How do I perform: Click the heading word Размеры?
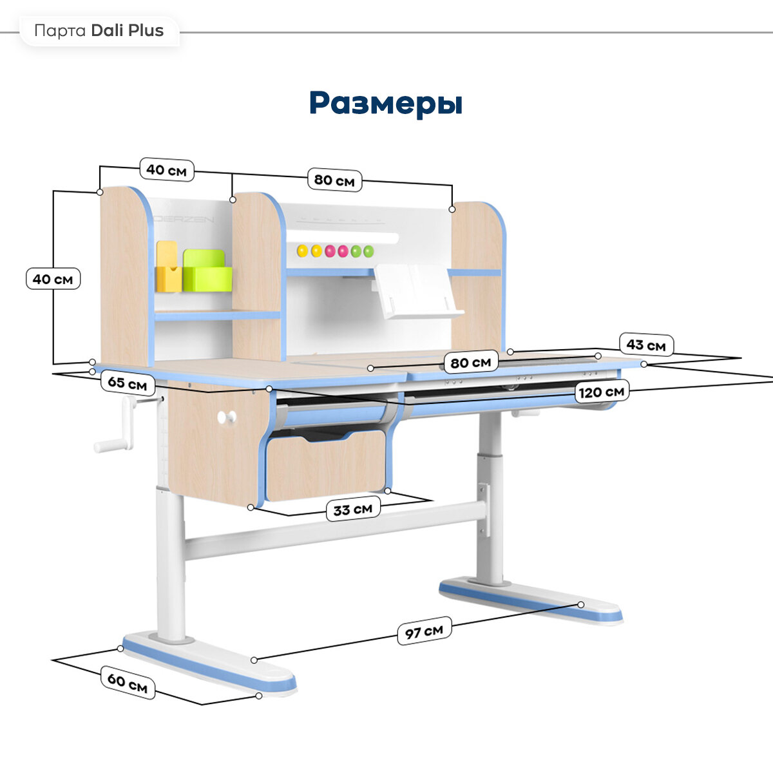coord(385,103)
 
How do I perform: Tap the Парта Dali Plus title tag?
coord(99,31)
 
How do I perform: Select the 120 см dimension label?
coord(601,392)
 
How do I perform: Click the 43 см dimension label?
coord(646,345)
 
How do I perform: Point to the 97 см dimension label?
coord(424,631)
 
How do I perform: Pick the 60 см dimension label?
coord(127,683)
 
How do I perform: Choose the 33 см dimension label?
coord(353,510)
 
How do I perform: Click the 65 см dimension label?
coord(127,383)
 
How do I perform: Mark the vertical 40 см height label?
coord(53,279)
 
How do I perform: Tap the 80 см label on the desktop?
coord(471,363)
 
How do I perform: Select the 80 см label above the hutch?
coord(334,180)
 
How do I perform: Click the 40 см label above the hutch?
coord(166,170)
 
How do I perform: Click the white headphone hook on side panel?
coord(226,417)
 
